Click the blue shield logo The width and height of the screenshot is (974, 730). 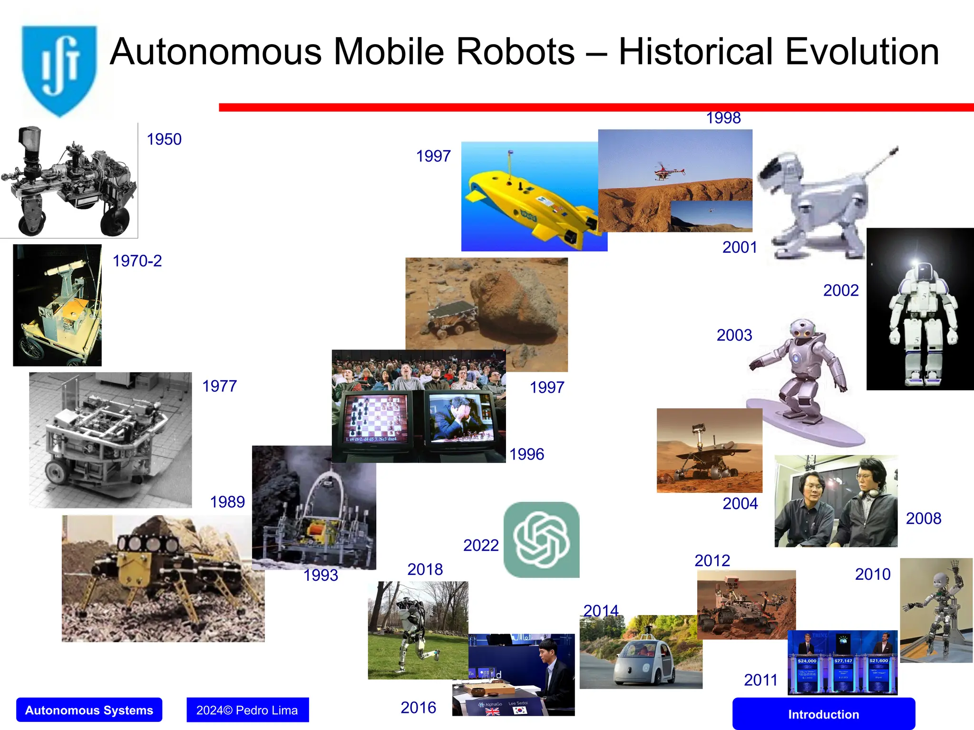click(59, 70)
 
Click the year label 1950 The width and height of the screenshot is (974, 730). click(164, 139)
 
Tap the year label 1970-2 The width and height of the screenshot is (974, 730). click(137, 261)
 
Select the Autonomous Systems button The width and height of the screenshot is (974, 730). click(89, 710)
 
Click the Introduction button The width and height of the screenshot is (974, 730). click(823, 714)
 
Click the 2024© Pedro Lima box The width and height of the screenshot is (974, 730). click(247, 710)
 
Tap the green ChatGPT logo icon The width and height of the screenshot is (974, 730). click(541, 540)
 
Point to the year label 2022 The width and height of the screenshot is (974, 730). click(481, 545)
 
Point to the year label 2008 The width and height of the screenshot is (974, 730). click(923, 519)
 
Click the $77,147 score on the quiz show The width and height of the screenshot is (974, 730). click(843, 661)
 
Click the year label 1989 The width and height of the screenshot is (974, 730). click(227, 502)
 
